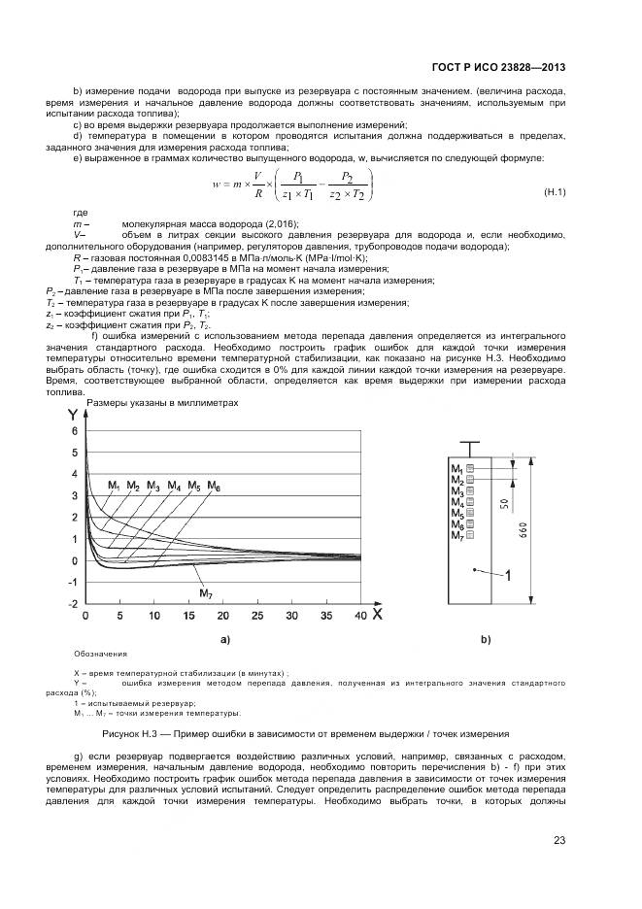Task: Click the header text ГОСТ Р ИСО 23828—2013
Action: (498, 68)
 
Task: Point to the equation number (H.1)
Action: (554, 193)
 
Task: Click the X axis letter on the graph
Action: (376, 614)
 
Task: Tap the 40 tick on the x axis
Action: (359, 616)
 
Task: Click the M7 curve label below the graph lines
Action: (206, 592)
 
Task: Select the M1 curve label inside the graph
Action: (114, 485)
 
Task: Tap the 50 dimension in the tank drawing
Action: (503, 504)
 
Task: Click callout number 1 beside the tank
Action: (507, 576)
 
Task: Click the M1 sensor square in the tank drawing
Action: (470, 470)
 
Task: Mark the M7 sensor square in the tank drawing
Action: (470, 535)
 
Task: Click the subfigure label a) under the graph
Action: (225, 640)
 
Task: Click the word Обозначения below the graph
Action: (100, 654)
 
